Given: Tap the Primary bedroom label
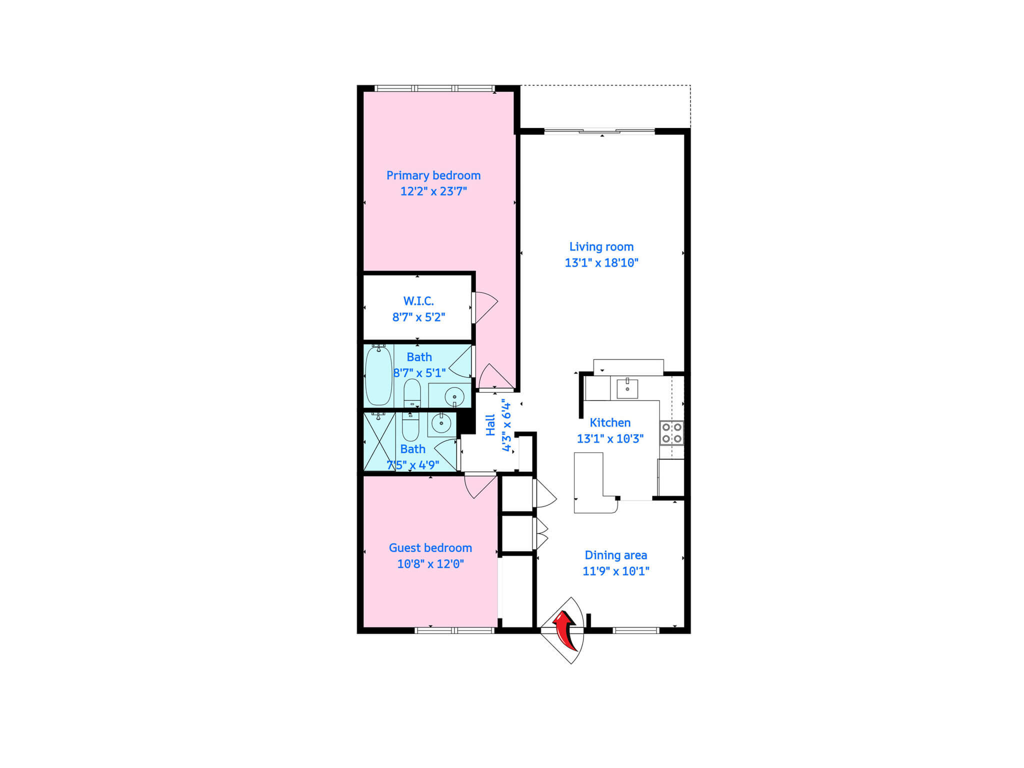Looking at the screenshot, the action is click(433, 175).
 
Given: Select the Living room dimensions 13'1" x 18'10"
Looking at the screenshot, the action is click(601, 263).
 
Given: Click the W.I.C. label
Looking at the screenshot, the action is click(418, 301).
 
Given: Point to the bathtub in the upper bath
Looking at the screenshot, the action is click(378, 375).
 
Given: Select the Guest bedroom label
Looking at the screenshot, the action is click(430, 548).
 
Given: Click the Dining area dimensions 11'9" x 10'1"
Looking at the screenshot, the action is click(616, 571).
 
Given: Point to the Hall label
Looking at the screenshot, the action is click(490, 425).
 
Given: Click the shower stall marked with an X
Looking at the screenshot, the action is click(379, 441).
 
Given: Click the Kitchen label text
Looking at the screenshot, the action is click(610, 423).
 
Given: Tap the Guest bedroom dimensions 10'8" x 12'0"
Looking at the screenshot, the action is click(430, 564).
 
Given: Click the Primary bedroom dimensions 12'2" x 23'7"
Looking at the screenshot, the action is click(433, 191).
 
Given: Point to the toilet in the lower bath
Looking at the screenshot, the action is click(410, 427).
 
